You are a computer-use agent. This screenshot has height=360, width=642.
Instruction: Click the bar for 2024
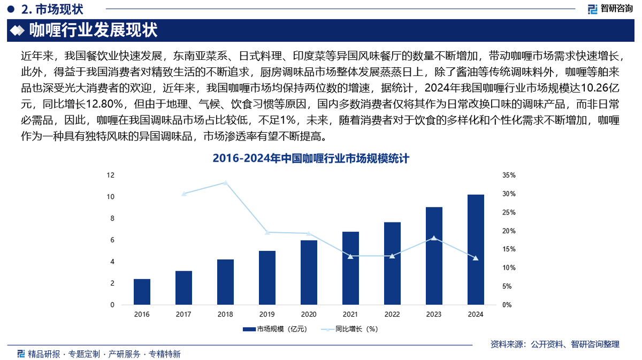coord(476,250)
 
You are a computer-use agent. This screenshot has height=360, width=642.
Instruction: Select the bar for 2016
coord(142,292)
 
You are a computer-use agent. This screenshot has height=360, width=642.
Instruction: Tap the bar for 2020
coord(309,273)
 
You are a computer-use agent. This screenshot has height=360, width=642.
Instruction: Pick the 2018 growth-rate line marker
coord(225,183)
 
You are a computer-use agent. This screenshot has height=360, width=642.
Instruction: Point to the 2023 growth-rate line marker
coord(434,238)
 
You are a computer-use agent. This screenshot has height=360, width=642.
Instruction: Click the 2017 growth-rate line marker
coord(184,194)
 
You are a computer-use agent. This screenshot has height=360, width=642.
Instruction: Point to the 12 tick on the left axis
coord(111,175)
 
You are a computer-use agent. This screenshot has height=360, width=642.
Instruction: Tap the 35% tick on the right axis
coord(509,175)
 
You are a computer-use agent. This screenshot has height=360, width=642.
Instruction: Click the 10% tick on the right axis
coord(509,268)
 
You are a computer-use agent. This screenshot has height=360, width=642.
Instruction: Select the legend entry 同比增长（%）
coord(351,330)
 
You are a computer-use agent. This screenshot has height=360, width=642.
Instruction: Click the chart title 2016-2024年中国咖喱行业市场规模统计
coord(311,158)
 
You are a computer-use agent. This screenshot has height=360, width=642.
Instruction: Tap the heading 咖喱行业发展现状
coord(93,30)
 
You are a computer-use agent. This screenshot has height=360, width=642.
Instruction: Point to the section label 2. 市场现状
coord(45,9)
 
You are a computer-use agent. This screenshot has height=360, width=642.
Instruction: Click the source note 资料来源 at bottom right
coord(555,344)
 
